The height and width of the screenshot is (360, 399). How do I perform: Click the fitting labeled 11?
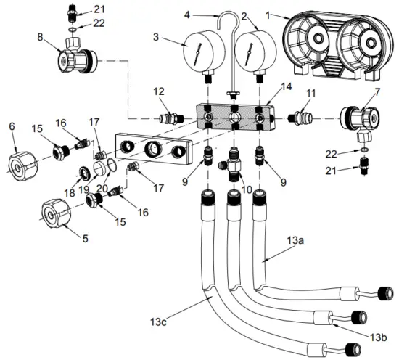[302, 116]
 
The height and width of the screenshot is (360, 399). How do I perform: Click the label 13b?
[377, 337]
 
